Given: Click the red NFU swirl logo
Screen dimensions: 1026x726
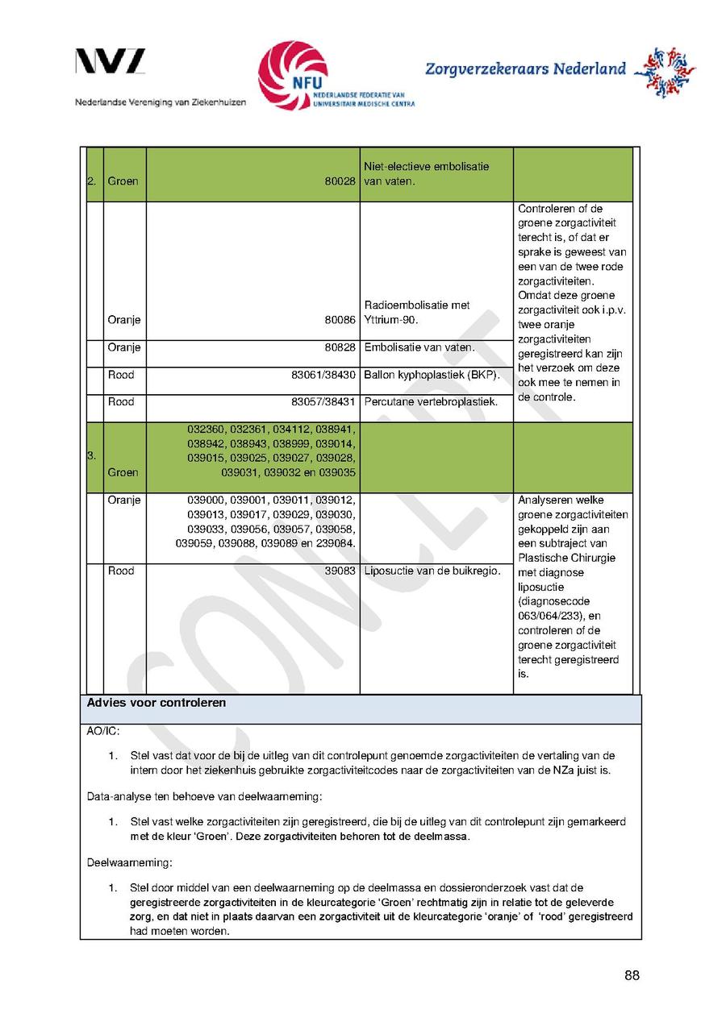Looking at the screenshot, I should (x=292, y=75).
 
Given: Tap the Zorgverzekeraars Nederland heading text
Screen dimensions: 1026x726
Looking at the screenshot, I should (x=525, y=69).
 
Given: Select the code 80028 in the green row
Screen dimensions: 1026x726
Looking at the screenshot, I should (x=340, y=182).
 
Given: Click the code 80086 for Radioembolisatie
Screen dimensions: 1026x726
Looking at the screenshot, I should (x=340, y=320).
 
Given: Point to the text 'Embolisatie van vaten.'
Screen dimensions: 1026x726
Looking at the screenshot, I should (x=419, y=347).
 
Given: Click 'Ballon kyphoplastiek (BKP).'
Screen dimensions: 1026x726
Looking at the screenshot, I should (x=432, y=375).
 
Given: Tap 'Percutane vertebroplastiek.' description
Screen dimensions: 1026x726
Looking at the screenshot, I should (x=431, y=401).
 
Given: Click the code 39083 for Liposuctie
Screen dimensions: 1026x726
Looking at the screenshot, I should (x=342, y=571).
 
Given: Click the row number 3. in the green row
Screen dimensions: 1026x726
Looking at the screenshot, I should (x=91, y=456).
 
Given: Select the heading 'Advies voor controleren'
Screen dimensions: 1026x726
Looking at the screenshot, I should (x=156, y=703).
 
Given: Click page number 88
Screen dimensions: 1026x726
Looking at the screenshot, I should (x=632, y=976).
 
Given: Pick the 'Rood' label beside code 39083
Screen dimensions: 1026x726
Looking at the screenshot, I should (x=121, y=571).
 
